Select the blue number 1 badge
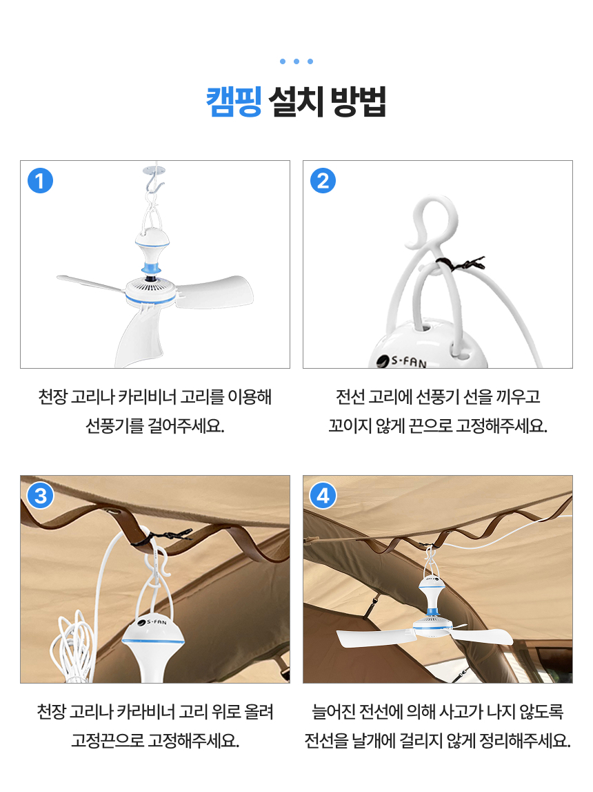coord(40,181)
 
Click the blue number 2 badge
coord(323,181)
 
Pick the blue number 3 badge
coord(40,495)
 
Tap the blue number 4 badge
coord(323,495)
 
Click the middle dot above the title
coord(296,61)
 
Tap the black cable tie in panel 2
coord(455,263)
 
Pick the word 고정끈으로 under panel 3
coord(107,742)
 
